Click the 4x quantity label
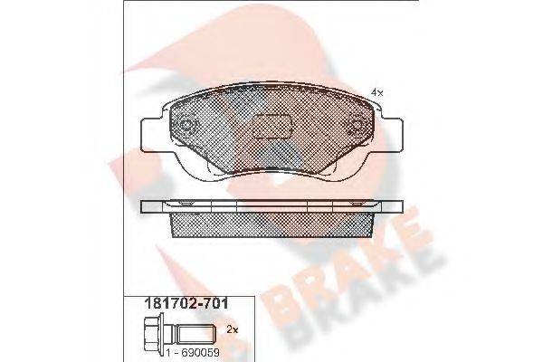pyautogui.click(x=377, y=92)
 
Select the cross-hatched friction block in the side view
pyautogui.click(x=271, y=224)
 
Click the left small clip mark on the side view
pyautogui.click(x=186, y=205)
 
